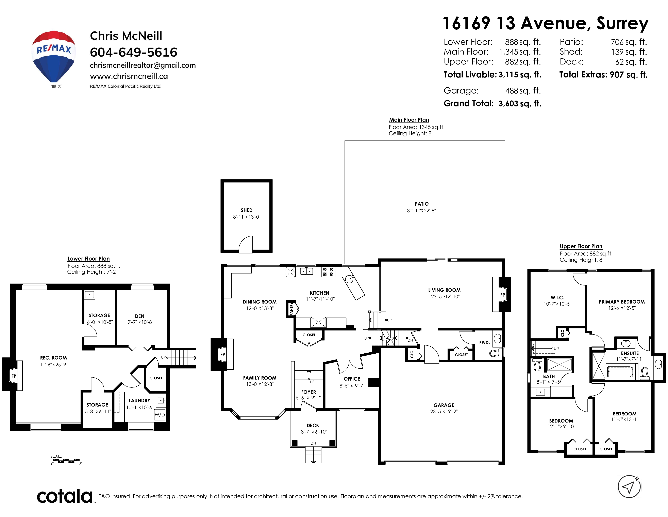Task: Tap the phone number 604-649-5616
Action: [133, 52]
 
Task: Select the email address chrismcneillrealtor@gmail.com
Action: [143, 65]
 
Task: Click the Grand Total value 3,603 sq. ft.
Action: [520, 104]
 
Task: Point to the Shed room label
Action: [247, 210]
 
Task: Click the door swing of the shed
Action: [245, 245]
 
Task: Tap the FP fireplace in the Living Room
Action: [502, 295]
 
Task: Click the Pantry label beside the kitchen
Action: [291, 309]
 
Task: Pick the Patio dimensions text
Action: [421, 210]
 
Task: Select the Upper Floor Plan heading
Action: [581, 246]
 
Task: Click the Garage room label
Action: [444, 405]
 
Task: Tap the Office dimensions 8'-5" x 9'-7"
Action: [352, 386]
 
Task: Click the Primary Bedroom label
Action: [621, 302]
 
